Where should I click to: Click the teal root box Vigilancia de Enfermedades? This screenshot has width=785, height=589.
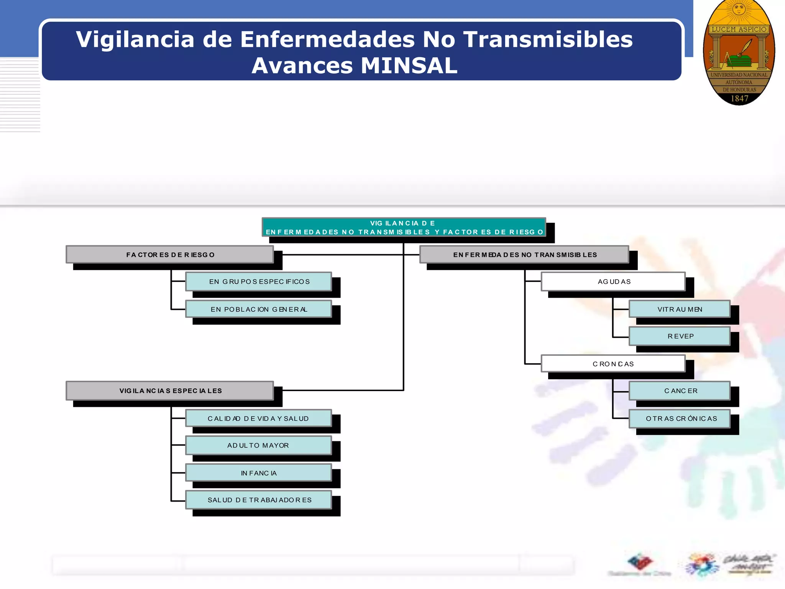(x=404, y=227)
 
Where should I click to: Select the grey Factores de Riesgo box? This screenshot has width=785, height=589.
(x=170, y=255)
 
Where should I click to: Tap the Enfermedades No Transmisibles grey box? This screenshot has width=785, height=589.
(x=524, y=255)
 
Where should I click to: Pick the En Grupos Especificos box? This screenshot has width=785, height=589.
(x=259, y=281)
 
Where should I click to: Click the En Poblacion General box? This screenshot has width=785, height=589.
(x=259, y=309)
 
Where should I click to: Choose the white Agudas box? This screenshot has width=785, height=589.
(x=613, y=281)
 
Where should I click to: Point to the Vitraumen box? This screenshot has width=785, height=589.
(x=680, y=309)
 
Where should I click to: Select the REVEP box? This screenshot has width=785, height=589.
(x=680, y=336)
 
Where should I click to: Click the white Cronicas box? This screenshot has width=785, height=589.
(x=613, y=364)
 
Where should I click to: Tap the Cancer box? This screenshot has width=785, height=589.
(x=680, y=391)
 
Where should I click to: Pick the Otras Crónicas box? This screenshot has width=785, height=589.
(x=680, y=418)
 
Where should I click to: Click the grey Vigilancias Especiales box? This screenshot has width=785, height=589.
(x=170, y=391)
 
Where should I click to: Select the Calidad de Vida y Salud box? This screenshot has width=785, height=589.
(x=259, y=418)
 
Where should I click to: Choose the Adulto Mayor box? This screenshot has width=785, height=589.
(x=259, y=445)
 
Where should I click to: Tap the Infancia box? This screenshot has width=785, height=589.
(x=259, y=473)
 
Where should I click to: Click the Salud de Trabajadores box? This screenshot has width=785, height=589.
(x=259, y=500)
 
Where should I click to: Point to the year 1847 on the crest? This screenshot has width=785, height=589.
(x=739, y=99)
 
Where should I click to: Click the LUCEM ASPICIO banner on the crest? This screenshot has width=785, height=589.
(x=739, y=30)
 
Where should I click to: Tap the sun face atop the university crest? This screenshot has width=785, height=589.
(x=739, y=8)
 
